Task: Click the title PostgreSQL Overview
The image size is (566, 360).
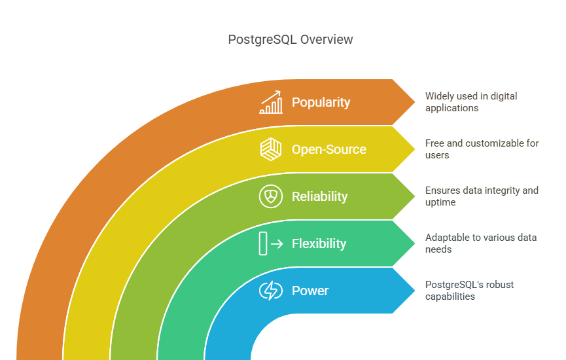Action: coord(291,40)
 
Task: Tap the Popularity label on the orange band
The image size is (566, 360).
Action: coord(321,102)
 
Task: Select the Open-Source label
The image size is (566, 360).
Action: coord(329,149)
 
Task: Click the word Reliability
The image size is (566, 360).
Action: coord(319,196)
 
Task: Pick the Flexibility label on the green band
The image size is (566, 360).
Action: coord(319,243)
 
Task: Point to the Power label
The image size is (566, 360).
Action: coord(310,291)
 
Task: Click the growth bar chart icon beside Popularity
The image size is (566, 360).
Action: coord(271,102)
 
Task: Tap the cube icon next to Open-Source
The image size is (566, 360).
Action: coord(271,149)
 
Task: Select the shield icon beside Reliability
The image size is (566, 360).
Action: coord(271,196)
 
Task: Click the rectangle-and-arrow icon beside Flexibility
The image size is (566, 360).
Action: coord(271,243)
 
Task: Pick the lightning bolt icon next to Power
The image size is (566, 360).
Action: coord(271,291)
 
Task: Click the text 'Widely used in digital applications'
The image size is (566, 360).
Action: coord(471,102)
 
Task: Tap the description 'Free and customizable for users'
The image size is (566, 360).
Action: coord(482,149)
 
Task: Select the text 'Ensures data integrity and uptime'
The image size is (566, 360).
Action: coord(482,196)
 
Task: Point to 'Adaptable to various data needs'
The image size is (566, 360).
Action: coord(481,243)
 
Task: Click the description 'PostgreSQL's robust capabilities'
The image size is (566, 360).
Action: coord(469,291)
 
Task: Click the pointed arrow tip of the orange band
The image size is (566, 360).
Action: coord(415,102)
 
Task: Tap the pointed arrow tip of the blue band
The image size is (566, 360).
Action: coord(415,291)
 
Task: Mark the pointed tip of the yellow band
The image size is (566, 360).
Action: coord(415,149)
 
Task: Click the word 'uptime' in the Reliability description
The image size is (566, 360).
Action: coord(440,202)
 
